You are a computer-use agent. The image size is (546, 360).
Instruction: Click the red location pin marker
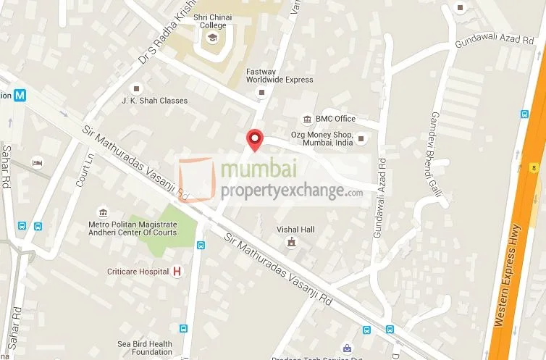255,139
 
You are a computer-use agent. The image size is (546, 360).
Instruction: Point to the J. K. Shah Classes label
154,101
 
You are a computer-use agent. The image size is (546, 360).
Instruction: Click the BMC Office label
335,119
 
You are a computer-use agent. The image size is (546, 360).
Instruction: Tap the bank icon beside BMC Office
308,119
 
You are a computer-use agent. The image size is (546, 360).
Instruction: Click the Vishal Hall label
296,230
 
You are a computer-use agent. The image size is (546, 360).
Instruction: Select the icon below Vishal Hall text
291,242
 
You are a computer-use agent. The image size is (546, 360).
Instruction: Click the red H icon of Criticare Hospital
176,272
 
